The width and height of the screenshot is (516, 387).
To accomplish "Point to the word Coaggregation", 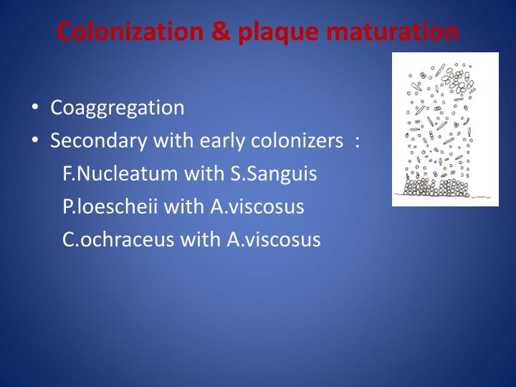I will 118,108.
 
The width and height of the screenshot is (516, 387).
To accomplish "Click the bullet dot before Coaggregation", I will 35,109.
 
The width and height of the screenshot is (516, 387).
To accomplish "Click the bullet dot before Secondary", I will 35,141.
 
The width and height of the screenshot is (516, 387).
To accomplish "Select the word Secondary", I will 97,141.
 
